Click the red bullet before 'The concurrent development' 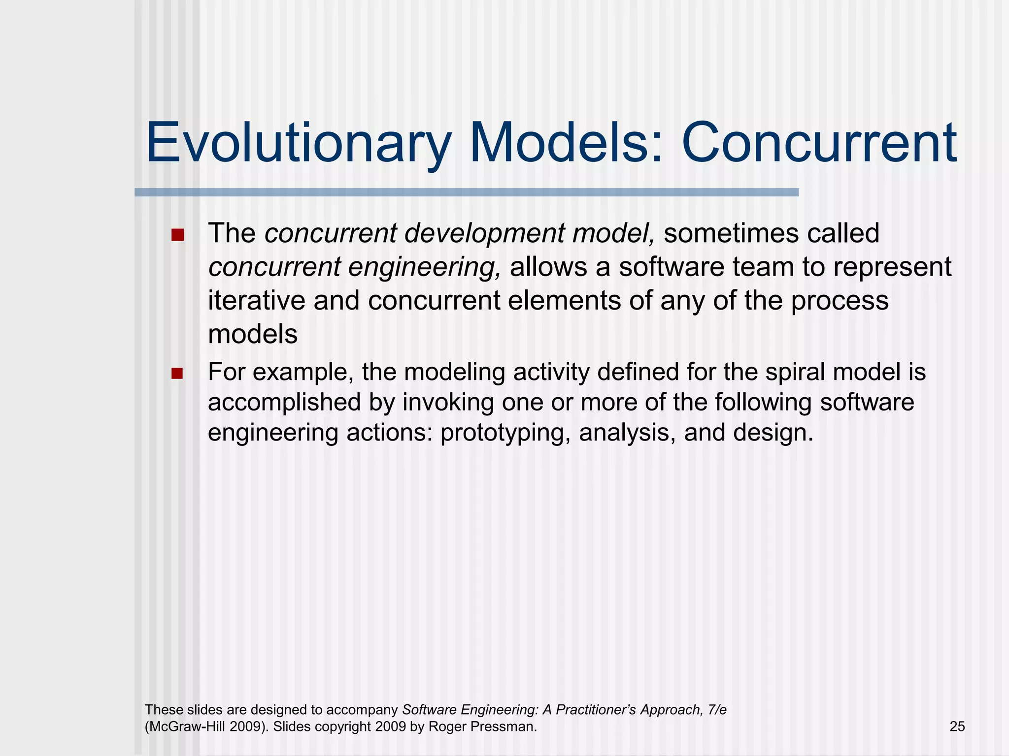[177, 235]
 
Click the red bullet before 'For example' [177, 374]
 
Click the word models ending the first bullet [253, 334]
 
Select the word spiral [794, 372]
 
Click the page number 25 [957, 726]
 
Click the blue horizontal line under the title [466, 192]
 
